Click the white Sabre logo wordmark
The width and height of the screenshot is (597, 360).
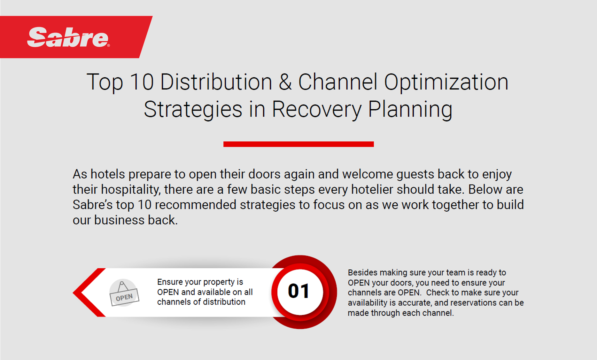tap(68, 37)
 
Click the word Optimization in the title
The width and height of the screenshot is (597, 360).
tap(446, 82)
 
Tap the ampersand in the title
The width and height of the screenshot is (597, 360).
tap(285, 82)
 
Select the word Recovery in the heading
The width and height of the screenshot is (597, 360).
tap(316, 110)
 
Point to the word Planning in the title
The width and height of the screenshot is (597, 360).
tap(410, 110)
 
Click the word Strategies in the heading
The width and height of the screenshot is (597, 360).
tap(193, 110)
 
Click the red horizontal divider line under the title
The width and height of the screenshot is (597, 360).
tap(298, 144)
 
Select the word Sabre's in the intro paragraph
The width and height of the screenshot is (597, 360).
tap(92, 205)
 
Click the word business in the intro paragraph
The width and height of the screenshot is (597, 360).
tap(119, 220)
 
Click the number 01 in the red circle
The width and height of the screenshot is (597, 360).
tap(298, 291)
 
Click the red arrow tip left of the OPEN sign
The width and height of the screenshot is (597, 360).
tap(73, 293)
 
